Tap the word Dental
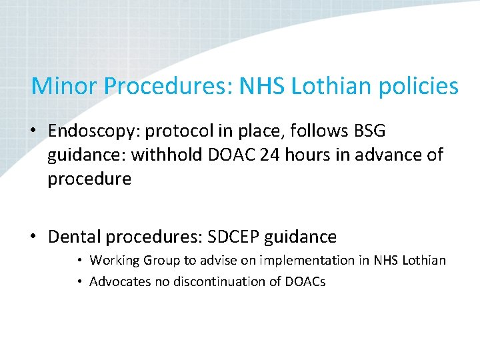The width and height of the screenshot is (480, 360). click(74, 236)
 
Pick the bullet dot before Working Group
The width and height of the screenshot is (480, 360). click(79, 260)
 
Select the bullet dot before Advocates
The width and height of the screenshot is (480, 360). click(79, 281)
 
